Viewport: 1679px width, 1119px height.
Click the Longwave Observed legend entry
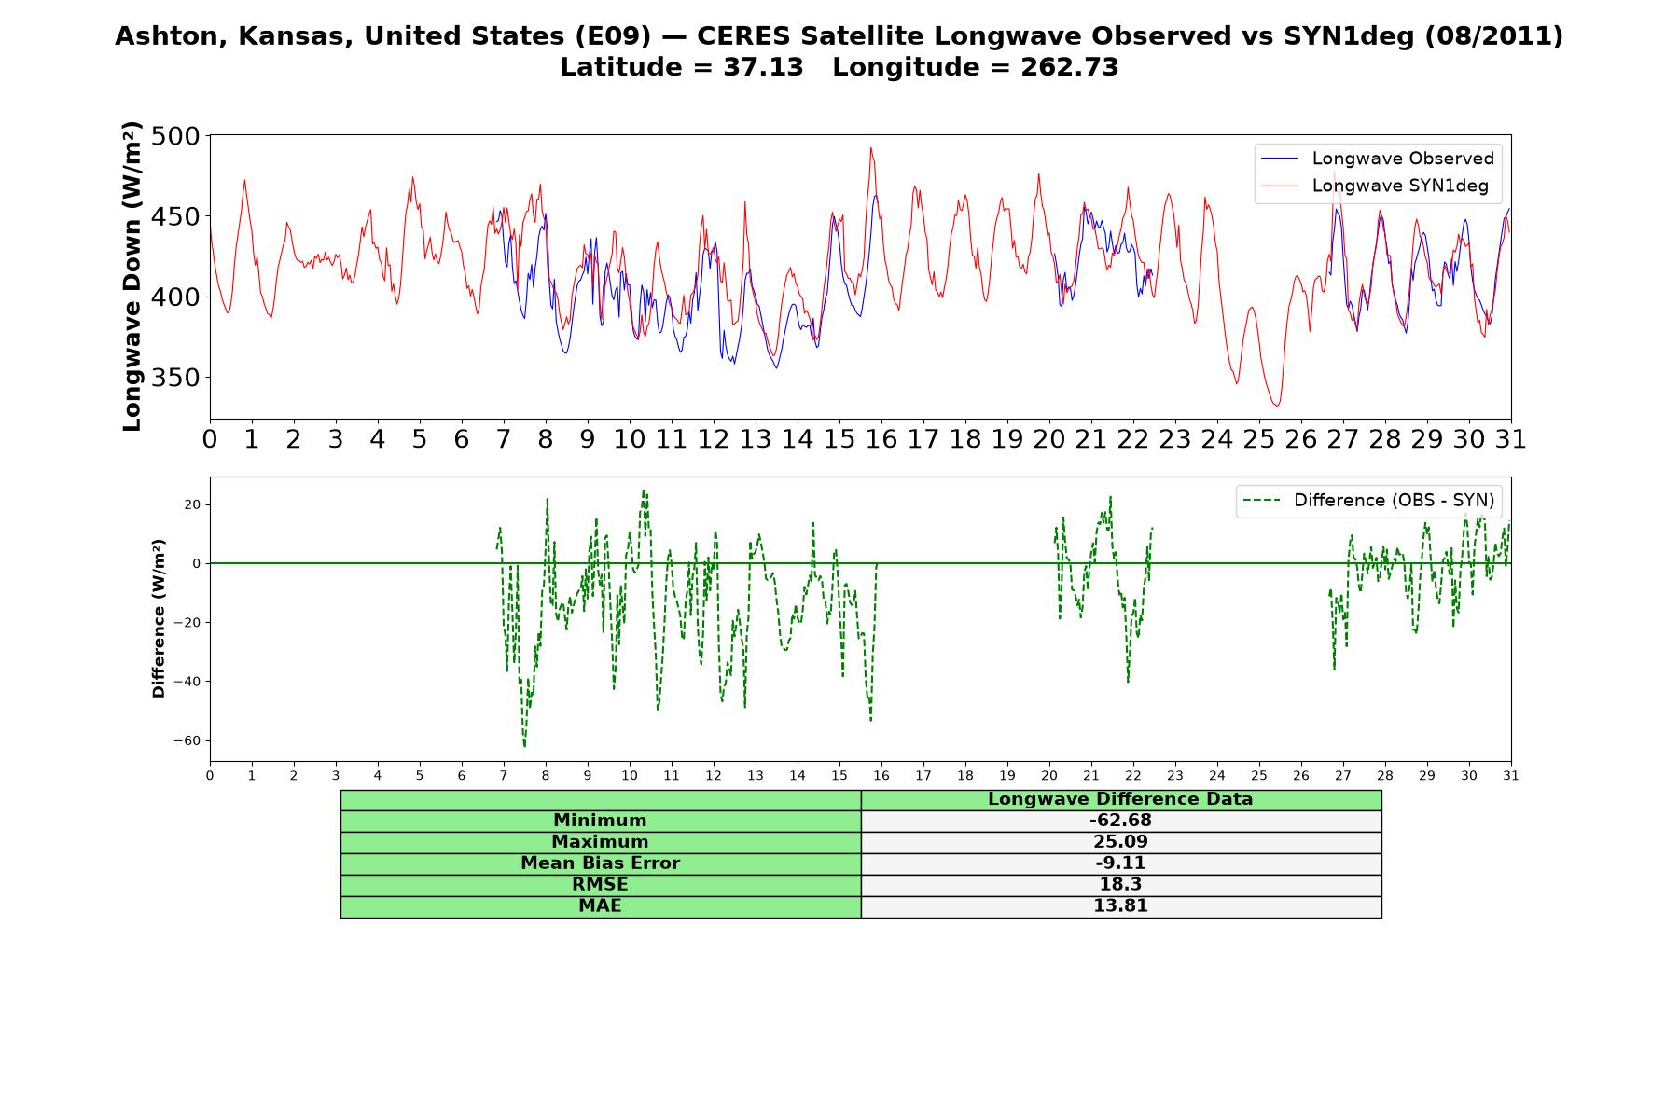point(1377,159)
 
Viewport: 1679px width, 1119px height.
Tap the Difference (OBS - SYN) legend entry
point(1367,501)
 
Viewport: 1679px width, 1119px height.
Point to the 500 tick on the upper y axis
point(175,136)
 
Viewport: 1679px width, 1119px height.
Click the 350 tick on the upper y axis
point(175,378)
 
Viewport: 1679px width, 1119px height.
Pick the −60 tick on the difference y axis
point(187,741)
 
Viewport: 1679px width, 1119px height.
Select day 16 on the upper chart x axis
point(881,439)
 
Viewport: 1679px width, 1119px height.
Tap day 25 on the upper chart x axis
point(1259,439)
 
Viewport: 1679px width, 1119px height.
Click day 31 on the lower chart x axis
point(1511,775)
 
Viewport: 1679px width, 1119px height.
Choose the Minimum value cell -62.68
point(1120,821)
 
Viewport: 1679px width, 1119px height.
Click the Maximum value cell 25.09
point(1120,842)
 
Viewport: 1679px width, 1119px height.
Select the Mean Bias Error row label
point(600,863)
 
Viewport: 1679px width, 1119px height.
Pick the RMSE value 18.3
point(1120,885)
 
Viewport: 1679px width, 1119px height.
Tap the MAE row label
point(600,906)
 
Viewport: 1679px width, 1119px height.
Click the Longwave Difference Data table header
point(1120,799)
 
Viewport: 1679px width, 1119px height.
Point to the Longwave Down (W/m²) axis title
point(132,276)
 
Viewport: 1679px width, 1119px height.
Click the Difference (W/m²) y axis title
point(159,618)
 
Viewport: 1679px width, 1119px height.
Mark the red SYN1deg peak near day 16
point(871,147)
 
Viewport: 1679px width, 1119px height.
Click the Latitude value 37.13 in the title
point(763,67)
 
